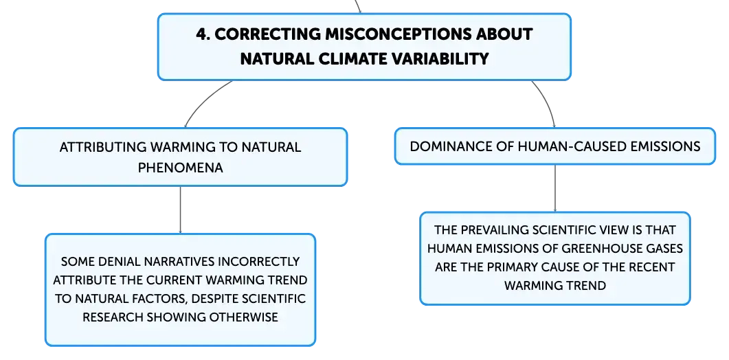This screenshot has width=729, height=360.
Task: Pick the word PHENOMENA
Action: pyautogui.click(x=181, y=168)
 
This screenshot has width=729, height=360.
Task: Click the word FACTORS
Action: pyautogui.click(x=157, y=299)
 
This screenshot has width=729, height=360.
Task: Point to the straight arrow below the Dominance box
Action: pyautogui.click(x=555, y=188)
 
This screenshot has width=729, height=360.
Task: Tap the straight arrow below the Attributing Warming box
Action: pyautogui.click(x=181, y=210)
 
